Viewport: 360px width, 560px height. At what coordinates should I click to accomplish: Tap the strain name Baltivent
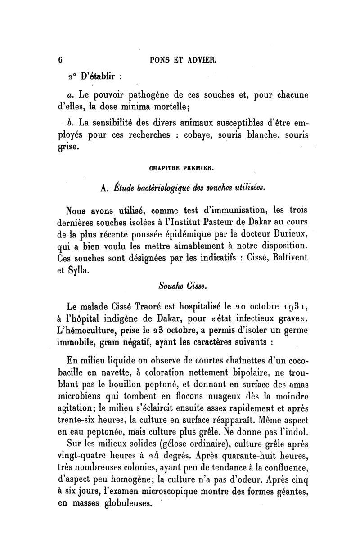tap(286, 259)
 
